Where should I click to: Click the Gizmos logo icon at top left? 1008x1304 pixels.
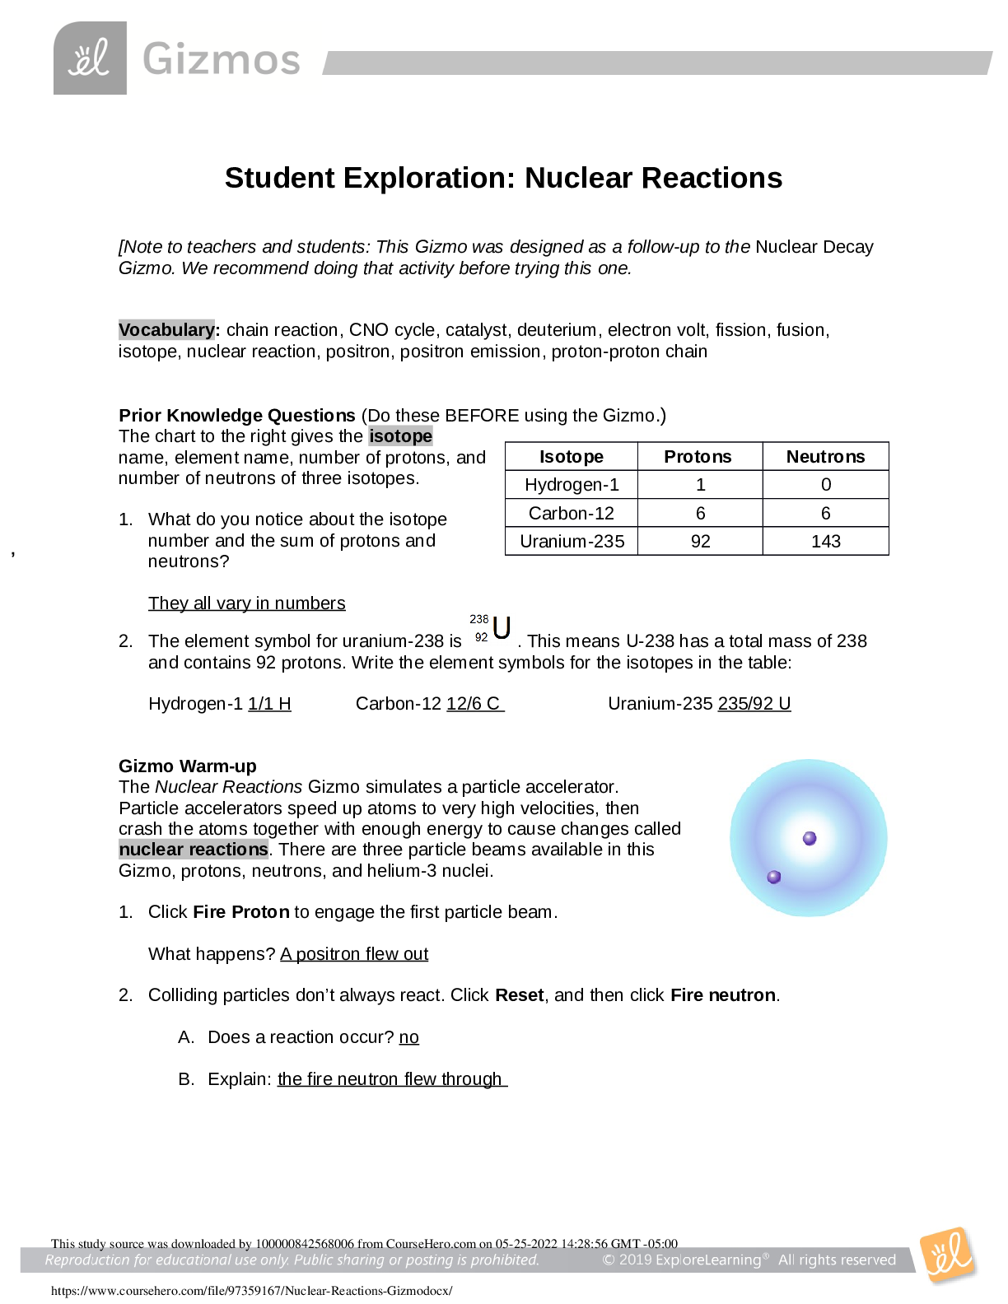[91, 58]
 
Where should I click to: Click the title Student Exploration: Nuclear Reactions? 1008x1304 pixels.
[503, 178]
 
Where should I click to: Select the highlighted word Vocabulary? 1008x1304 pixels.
[166, 330]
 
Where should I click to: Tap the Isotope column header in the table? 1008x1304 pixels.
[572, 457]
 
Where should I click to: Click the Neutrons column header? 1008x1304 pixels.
[825, 457]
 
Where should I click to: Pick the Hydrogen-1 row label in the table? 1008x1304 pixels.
[572, 485]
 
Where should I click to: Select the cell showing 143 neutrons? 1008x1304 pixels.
[825, 541]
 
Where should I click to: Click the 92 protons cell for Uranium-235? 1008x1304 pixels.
[700, 541]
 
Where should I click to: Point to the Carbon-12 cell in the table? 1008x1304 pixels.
[572, 513]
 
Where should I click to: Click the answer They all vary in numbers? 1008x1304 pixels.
[247, 603]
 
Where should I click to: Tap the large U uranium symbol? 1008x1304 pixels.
[502, 628]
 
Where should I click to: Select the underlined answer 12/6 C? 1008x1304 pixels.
[475, 704]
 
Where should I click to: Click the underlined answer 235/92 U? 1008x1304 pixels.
[754, 704]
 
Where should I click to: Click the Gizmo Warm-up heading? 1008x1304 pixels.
[188, 766]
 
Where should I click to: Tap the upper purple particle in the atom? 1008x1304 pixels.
[810, 838]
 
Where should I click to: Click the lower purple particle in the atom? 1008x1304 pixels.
[774, 877]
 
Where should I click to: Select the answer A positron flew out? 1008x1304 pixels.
[354, 954]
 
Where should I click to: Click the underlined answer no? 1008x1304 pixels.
[409, 1037]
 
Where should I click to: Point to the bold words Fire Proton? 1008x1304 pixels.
[241, 912]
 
